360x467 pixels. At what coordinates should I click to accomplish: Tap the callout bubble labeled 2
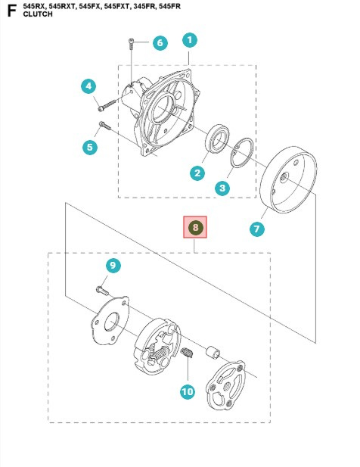point(197,173)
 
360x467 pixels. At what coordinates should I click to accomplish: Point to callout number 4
point(88,86)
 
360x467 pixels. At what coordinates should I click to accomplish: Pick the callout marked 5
point(90,147)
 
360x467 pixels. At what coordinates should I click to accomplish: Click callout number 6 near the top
point(159,43)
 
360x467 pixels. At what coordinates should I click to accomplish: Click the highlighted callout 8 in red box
point(195,227)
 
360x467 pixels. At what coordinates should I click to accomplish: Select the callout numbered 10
point(187,391)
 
